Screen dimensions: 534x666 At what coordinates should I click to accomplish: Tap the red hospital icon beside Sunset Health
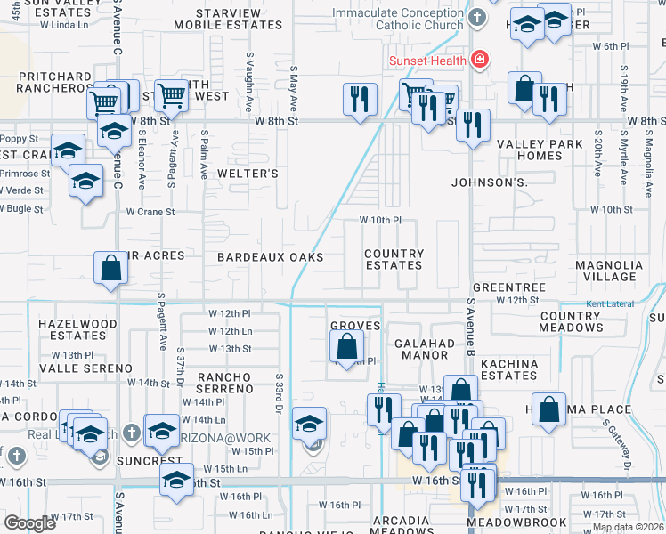click(480, 60)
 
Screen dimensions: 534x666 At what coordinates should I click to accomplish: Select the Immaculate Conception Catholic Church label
click(397, 20)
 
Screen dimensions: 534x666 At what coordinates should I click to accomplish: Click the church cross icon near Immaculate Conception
click(477, 18)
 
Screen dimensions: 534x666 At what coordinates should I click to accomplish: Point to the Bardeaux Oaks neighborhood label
click(270, 256)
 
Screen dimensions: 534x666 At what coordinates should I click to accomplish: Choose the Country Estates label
click(394, 259)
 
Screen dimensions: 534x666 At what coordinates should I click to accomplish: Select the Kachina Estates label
click(509, 369)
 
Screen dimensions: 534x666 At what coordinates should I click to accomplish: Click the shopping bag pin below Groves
click(348, 346)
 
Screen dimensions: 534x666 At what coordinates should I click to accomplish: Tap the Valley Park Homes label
click(540, 150)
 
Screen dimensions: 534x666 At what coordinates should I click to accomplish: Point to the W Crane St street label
click(150, 212)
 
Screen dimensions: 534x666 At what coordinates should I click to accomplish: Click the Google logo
click(29, 524)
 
